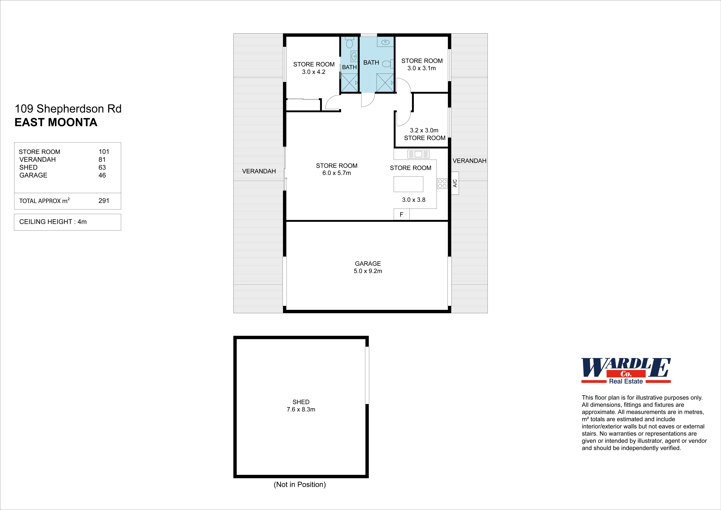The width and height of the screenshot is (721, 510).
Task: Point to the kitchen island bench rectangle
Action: point(408,184)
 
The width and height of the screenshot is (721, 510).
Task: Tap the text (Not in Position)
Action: point(300,485)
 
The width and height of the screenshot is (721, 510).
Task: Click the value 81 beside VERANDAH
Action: point(102,160)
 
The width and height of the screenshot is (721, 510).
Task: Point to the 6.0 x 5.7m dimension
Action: point(337,173)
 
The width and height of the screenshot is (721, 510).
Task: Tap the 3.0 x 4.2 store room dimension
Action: point(314,72)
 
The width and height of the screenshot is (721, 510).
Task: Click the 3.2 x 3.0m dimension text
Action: point(424,130)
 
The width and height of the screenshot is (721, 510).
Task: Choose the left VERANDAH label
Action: point(259,171)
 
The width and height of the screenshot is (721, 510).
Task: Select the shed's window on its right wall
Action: point(367,375)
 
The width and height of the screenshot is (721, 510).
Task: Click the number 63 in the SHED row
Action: point(102,167)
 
